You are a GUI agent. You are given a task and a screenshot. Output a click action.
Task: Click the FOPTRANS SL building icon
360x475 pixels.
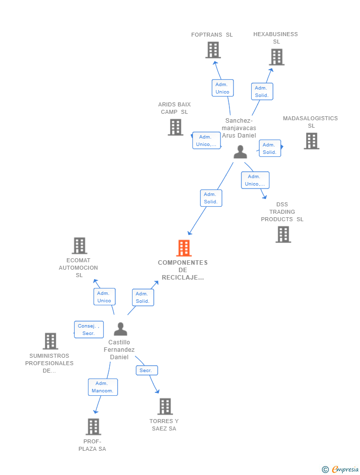click(x=213, y=50)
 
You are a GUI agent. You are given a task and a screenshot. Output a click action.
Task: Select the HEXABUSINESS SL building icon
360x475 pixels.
click(x=276, y=57)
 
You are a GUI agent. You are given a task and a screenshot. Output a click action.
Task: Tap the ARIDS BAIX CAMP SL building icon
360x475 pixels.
click(x=176, y=127)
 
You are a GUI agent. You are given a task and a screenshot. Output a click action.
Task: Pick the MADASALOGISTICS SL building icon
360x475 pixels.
click(x=312, y=141)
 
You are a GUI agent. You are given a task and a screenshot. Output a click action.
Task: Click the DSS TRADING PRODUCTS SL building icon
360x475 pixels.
click(x=283, y=235)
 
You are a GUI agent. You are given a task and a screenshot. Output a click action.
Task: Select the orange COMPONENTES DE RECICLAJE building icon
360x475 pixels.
click(x=184, y=248)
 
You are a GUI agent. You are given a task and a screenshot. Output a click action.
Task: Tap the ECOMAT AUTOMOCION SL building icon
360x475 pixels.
click(x=80, y=245)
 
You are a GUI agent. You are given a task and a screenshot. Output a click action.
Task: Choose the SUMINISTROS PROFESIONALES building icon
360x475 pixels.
click(x=50, y=341)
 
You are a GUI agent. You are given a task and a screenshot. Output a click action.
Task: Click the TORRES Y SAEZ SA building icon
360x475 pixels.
click(x=165, y=406)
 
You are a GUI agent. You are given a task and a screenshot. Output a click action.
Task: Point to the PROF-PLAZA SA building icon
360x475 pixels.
click(x=93, y=427)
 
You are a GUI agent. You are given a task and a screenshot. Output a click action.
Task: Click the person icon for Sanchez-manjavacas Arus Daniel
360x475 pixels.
click(x=240, y=152)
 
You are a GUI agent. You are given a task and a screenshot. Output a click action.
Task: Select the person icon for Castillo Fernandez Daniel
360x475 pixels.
click(x=120, y=329)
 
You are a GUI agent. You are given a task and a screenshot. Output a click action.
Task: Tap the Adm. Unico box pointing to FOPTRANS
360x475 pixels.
click(x=223, y=88)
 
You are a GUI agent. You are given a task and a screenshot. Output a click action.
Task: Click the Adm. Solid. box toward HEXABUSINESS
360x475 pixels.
click(x=262, y=92)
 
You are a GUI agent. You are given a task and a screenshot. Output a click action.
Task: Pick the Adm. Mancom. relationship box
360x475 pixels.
click(x=103, y=387)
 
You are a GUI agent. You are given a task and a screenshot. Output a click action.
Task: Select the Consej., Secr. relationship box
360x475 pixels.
click(x=89, y=330)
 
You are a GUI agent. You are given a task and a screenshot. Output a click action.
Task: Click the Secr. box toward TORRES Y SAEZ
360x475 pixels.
click(x=146, y=370)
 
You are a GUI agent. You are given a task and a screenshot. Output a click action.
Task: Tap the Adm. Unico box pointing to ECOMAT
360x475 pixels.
click(x=104, y=297)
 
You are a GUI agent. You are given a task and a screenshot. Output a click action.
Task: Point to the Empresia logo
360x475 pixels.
click(x=341, y=469)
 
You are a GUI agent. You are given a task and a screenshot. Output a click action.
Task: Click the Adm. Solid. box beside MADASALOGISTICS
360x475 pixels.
click(x=270, y=148)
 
